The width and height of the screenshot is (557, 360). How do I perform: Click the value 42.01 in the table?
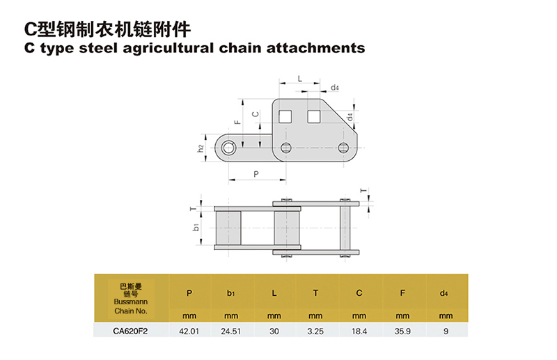click(x=190, y=331)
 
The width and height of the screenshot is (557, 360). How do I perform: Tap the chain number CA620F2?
click(x=130, y=331)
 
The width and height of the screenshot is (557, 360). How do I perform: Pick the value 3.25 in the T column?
click(x=317, y=331)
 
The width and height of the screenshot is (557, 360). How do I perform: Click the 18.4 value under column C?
click(x=359, y=331)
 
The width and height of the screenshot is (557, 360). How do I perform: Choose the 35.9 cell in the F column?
click(x=403, y=331)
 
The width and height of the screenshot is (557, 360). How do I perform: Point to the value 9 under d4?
click(x=446, y=331)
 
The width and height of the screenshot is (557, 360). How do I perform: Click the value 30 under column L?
click(x=274, y=331)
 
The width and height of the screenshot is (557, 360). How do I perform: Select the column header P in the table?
click(x=190, y=293)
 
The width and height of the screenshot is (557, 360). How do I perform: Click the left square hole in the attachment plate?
click(x=285, y=114)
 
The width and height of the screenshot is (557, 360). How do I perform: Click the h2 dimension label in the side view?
click(x=201, y=148)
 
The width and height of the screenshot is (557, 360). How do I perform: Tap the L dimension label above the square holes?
click(x=299, y=79)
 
